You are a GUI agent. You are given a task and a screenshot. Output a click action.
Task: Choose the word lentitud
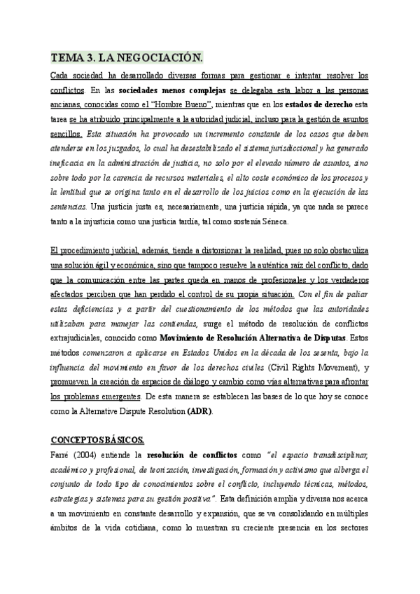pyautogui.click(x=66, y=191)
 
